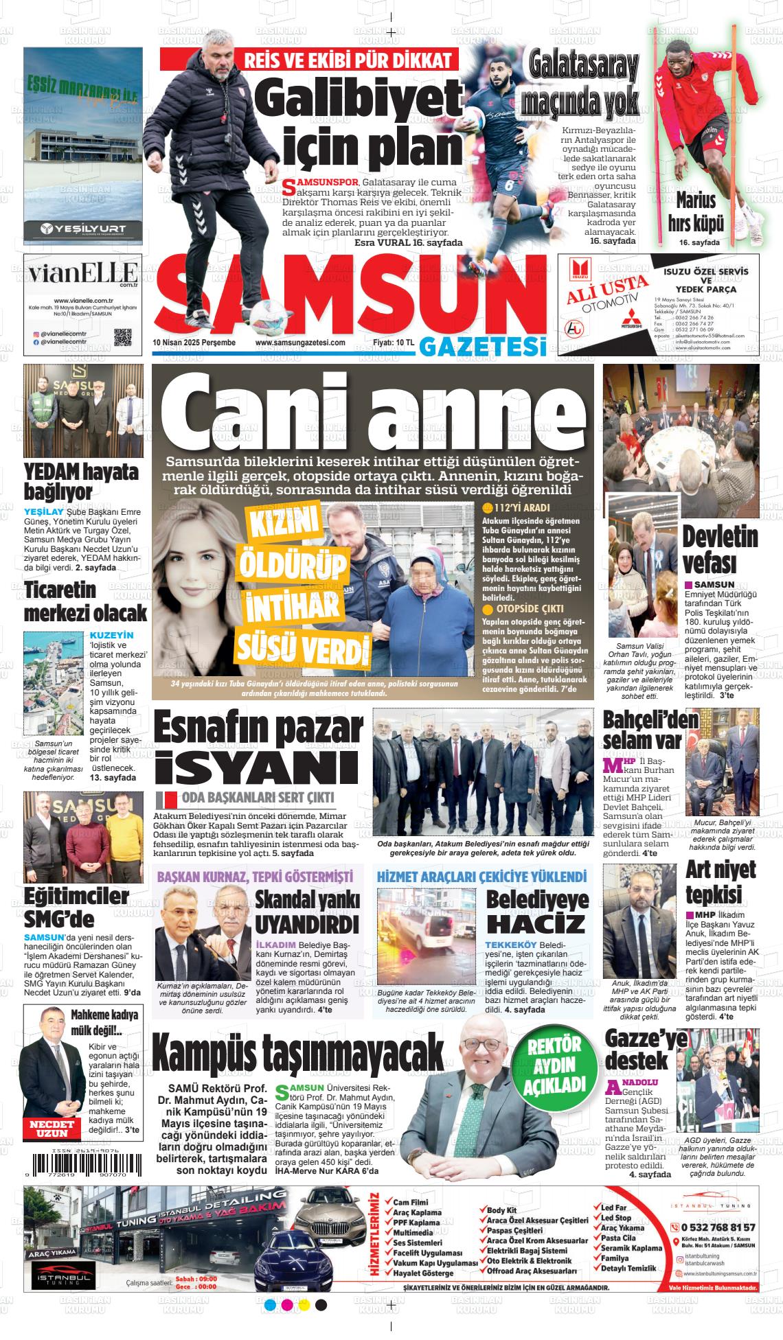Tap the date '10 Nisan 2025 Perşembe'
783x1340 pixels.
click(x=194, y=343)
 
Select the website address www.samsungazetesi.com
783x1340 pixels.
click(x=299, y=343)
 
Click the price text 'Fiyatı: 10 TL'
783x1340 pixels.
click(x=393, y=343)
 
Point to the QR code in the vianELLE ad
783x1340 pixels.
click(x=122, y=337)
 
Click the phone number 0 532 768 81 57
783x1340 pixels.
click(x=718, y=1227)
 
